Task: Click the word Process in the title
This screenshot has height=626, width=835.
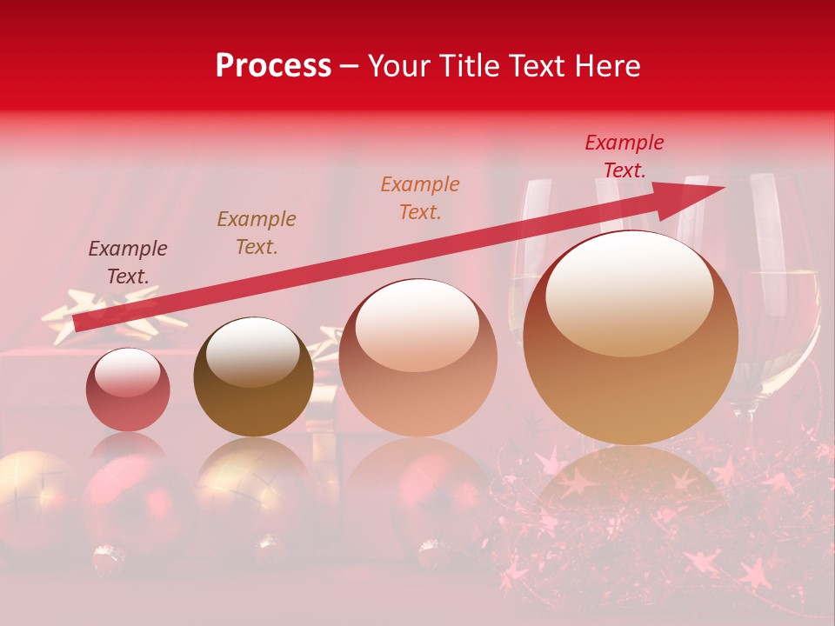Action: (273, 66)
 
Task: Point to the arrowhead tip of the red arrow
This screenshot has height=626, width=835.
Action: (723, 188)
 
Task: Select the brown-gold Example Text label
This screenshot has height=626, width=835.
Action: (257, 233)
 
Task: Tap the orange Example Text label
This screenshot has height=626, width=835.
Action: (420, 197)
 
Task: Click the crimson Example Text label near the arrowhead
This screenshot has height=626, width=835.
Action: (625, 156)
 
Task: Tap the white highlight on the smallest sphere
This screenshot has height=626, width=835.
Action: (127, 372)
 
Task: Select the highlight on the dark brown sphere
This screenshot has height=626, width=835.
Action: (252, 350)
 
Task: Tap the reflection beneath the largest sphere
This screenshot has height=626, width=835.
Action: (631, 487)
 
